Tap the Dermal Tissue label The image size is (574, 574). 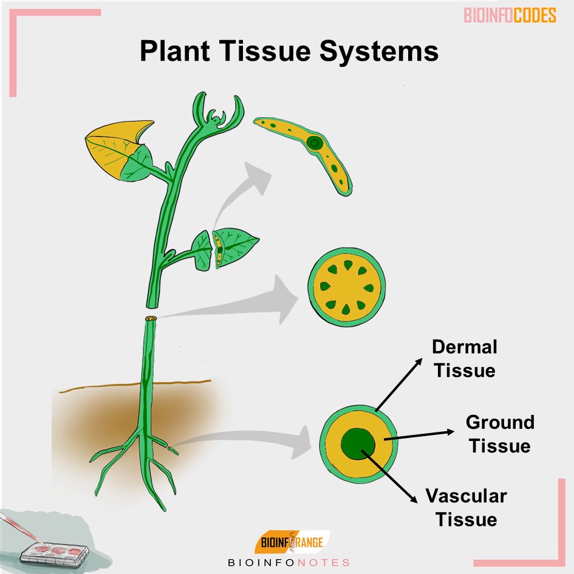465,358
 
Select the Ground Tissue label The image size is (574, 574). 500,434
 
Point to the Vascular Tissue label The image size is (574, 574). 466,508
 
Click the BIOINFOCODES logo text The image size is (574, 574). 510,16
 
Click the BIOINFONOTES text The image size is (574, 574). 289,562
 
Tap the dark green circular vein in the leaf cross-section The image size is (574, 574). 315,143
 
